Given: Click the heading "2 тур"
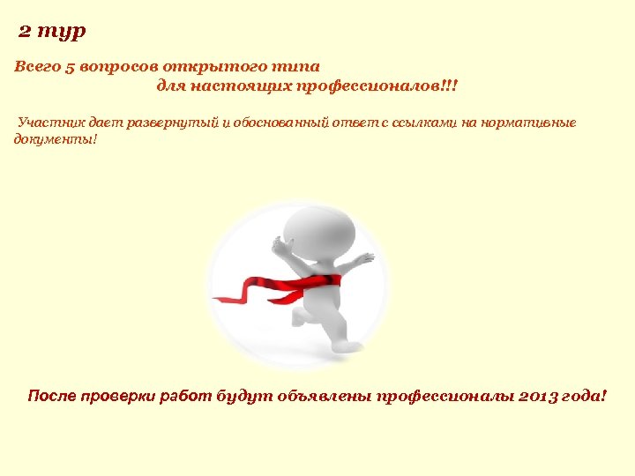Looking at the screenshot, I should click(x=53, y=32).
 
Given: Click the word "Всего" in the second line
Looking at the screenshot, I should click(x=38, y=67).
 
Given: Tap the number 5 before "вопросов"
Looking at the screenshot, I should click(x=71, y=67).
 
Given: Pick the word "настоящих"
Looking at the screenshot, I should click(x=242, y=87).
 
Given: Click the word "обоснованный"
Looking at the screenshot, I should click(x=280, y=123).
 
